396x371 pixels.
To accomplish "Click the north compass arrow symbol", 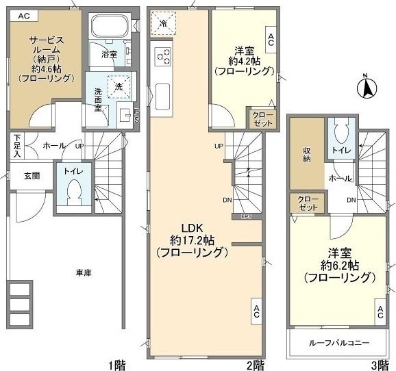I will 367,88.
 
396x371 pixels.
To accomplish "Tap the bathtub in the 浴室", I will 108,28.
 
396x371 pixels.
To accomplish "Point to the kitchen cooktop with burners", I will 163,57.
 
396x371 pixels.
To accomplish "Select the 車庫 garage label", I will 84,272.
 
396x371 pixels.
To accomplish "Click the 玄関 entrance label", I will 32,176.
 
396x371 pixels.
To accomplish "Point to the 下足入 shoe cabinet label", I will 16,145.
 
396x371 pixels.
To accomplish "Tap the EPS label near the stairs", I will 246,217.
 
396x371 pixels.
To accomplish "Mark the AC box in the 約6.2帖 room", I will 380,314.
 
